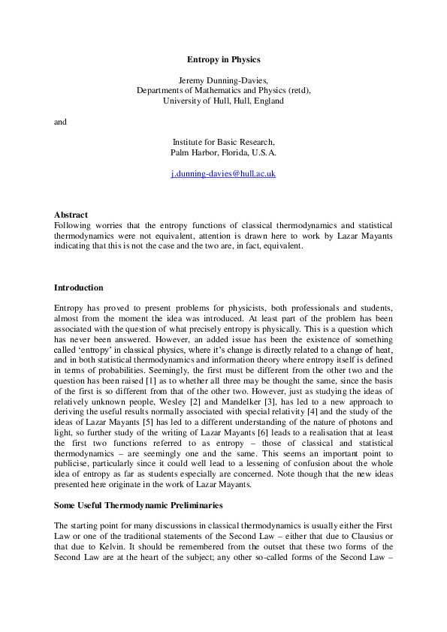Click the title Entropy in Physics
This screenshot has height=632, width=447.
point(223,59)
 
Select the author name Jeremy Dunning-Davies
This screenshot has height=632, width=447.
point(223,80)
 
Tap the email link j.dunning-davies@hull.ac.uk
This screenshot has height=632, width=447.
point(223,173)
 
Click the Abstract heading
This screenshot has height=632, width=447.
point(71,215)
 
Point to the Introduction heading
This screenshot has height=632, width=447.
point(78,287)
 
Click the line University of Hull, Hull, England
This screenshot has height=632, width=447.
point(223,101)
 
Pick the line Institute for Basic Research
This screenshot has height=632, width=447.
point(223,142)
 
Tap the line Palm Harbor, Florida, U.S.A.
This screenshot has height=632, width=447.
point(223,152)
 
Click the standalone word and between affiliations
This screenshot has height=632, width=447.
point(60,122)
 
